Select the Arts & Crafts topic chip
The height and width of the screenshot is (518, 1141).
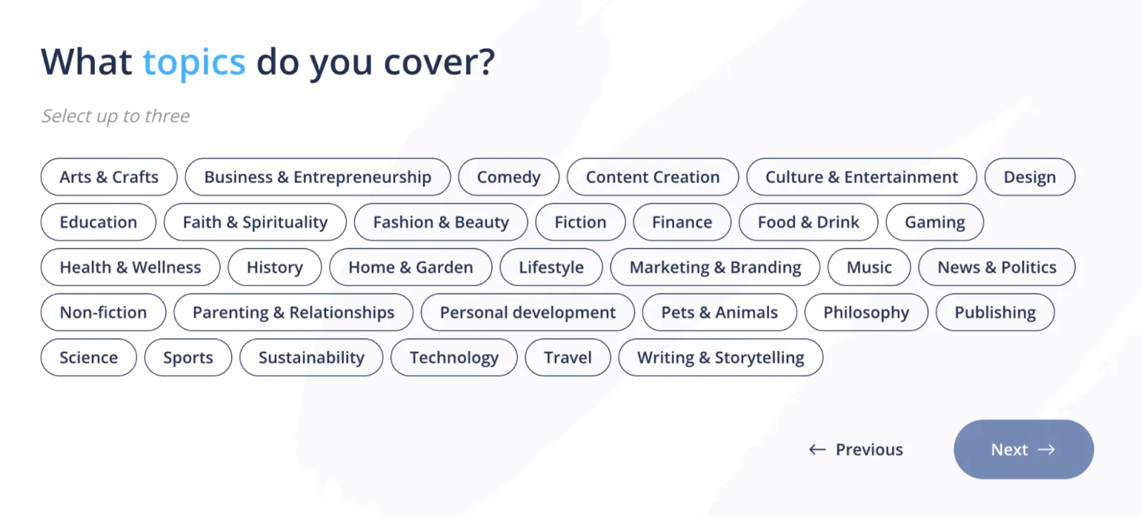click(109, 177)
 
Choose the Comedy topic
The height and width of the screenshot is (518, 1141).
click(508, 177)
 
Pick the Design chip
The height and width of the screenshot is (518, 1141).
click(1030, 177)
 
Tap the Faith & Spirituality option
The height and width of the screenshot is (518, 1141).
click(255, 222)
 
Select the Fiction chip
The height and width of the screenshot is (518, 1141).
click(580, 222)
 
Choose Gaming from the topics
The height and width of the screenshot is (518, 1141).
click(935, 222)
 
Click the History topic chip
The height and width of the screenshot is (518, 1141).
click(275, 267)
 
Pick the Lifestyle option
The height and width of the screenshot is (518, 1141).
click(551, 267)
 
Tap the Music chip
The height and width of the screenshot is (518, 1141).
click(869, 267)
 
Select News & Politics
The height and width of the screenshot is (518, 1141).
click(997, 267)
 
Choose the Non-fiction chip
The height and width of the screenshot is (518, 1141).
click(103, 312)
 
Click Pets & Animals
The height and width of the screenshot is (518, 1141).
click(720, 312)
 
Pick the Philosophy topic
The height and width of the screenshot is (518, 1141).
click(866, 312)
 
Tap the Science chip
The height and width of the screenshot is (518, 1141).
click(88, 357)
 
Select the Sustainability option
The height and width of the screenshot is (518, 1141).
click(311, 357)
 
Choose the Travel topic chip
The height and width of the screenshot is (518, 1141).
click(568, 357)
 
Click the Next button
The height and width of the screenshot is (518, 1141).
click(1024, 450)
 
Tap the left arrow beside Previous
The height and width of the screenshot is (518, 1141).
click(817, 450)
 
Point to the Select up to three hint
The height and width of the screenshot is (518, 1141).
click(116, 116)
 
